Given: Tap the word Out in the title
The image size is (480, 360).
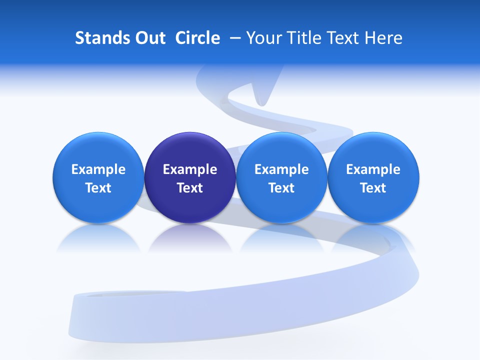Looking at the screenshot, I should pos(148,38).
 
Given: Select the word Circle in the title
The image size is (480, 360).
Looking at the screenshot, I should pos(197,38).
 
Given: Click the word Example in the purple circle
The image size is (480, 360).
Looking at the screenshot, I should pos(190,169).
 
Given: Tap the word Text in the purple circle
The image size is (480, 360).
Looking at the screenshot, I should pos(190,188).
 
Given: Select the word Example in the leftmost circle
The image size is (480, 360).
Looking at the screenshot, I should pos(98,169).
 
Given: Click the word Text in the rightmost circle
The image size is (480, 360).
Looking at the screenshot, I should pos(373,188).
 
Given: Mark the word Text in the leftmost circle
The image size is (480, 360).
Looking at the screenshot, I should pos(98,188).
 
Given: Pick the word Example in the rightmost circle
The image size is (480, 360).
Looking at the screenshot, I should pos(373,169).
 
